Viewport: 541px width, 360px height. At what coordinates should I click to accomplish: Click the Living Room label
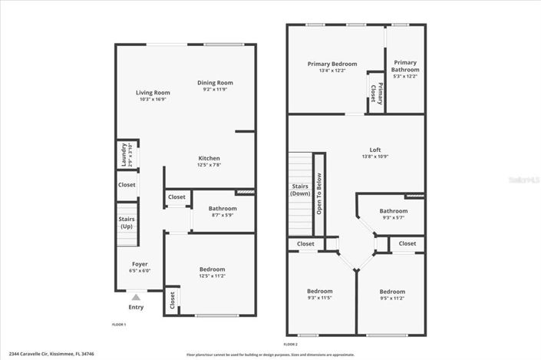pos(153,93)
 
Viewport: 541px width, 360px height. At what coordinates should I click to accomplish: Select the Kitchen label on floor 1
pos(209,159)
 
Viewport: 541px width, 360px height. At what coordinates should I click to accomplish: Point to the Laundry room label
pos(124,155)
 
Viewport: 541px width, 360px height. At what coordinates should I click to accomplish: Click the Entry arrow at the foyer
pos(136,297)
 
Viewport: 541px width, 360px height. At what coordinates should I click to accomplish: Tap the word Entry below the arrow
pos(136,308)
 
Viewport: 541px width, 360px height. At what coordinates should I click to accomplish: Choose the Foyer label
pos(140,264)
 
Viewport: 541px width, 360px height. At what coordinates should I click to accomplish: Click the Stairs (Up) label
pos(126,223)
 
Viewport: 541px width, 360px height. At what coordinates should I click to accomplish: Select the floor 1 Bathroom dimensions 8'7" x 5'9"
pos(223,215)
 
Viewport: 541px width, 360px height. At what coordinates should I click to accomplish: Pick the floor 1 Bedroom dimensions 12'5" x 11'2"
pos(212,276)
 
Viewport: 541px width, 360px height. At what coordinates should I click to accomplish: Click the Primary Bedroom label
pos(332,64)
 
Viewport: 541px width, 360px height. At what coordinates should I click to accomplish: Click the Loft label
pos(375,150)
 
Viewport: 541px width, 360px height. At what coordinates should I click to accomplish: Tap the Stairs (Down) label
pos(300,190)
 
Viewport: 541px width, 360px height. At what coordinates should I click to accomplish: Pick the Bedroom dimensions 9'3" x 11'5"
pos(319,298)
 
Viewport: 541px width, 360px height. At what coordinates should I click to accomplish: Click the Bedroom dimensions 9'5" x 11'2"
pos(391,298)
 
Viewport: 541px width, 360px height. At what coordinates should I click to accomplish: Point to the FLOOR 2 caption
pos(290,344)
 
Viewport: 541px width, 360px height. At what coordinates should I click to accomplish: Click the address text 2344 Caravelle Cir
pos(38,355)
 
